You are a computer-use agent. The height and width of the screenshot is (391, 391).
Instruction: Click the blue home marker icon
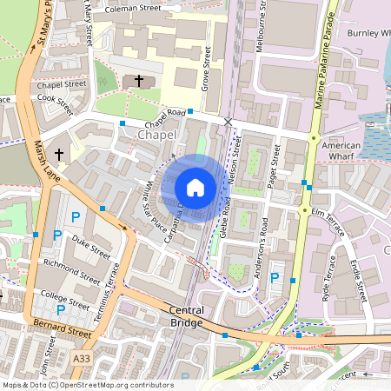point(195,188)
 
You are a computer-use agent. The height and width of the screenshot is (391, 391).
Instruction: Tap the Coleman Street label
point(133,9)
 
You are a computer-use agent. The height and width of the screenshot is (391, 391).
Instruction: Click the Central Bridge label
point(186,316)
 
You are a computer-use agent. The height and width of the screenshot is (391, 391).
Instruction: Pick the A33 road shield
point(82,358)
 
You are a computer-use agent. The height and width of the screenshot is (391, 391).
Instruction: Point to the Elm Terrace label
point(328,211)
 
